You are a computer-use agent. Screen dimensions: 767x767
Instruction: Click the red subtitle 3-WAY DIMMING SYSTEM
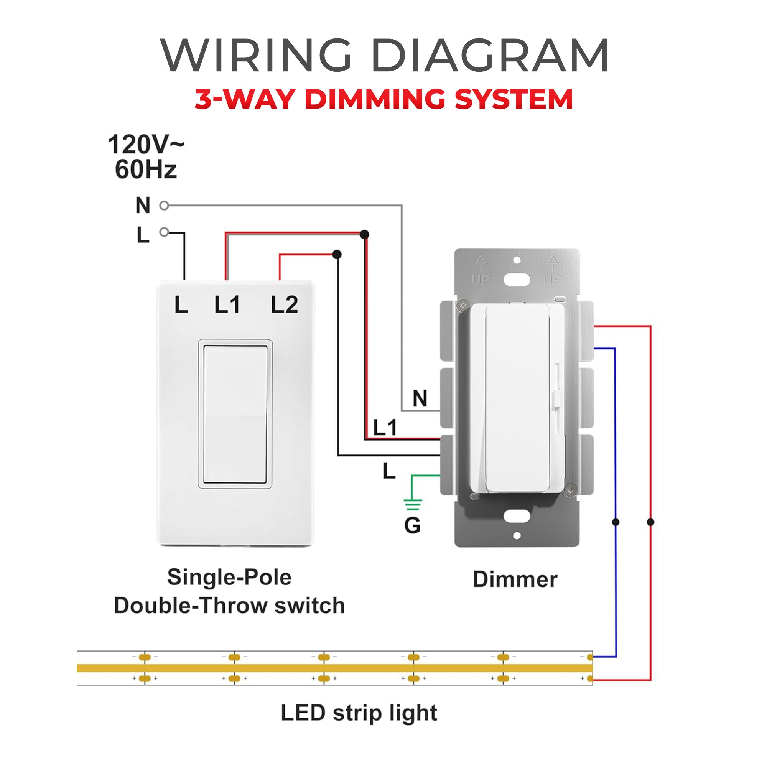tap(383, 99)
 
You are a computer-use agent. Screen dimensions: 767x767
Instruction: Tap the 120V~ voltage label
tap(146, 145)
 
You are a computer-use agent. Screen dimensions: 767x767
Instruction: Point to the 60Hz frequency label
tap(146, 170)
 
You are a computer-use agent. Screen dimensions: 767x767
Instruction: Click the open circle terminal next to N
tap(164, 206)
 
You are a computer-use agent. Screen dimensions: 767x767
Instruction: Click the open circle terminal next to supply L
tap(164, 232)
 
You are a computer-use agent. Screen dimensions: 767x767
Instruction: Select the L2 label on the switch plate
tap(284, 305)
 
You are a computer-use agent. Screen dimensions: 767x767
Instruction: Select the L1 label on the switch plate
tap(227, 305)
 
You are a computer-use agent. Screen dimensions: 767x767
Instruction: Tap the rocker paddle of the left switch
tap(235, 415)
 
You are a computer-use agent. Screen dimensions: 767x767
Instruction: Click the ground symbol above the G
tap(413, 504)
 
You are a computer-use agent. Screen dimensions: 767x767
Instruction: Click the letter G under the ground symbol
tap(413, 526)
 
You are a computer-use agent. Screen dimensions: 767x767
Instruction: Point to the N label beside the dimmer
tap(420, 398)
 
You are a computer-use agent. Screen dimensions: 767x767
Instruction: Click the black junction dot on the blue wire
tap(616, 522)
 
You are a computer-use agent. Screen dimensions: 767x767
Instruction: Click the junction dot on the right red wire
tap(650, 522)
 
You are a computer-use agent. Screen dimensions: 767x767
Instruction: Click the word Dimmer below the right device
tap(515, 579)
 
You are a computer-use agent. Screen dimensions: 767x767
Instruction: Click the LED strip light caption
tap(359, 713)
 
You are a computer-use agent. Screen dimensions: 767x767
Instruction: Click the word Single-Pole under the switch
tap(229, 577)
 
